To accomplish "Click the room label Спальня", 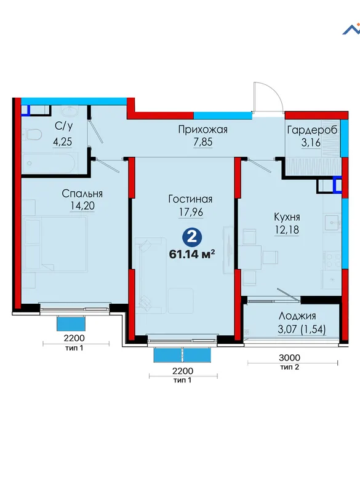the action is pos(82,194).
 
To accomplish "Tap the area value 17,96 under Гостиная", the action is pos(191,212).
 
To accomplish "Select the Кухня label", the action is pos(287,217).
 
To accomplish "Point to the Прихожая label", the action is pos(202,130).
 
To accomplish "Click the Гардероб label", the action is pos(312,130).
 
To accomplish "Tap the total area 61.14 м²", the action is pos(192,254).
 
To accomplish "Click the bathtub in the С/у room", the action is pos(49,163).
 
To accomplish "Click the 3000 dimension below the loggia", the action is pos(289,357).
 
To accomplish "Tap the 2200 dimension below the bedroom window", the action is pos(74,338).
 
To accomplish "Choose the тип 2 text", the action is pos(289,367).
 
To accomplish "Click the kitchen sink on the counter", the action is pos(332,222).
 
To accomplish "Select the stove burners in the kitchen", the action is pos(333,260).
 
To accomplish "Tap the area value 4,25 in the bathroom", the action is pos(62,142).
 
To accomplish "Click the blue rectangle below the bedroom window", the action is pos(71,323).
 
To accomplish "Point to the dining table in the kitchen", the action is pos(250,257).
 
